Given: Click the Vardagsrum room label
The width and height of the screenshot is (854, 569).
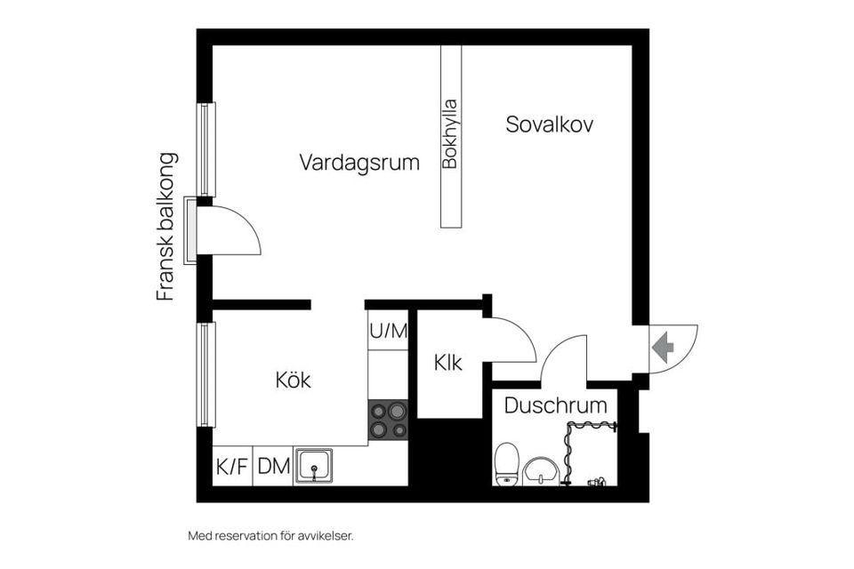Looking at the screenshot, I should tap(359, 163).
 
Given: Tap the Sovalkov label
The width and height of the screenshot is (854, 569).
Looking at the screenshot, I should tap(549, 124).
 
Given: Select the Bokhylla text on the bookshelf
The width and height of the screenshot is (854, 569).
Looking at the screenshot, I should tap(451, 133).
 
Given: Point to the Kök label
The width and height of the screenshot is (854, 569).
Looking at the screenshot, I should tap(293, 381).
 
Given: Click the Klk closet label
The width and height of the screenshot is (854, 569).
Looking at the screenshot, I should tap(447, 363).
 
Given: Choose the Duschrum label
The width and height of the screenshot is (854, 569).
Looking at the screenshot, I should tap(555, 406).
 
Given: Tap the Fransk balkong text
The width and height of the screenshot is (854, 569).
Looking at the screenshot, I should tap(166, 227).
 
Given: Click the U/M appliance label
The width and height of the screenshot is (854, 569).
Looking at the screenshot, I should tap(388, 332).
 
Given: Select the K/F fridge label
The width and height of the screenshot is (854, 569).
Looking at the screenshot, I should tap(231, 466).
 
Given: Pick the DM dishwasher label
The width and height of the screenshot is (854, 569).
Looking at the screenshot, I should tap(273, 466).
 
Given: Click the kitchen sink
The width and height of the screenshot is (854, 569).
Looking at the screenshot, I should tap(314, 465).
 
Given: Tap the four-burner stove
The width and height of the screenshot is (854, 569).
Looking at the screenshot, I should tap(388, 420).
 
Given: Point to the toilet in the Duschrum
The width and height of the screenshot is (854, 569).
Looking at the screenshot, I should tap(506, 463).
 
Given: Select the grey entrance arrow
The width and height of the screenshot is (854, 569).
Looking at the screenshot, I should tap(663, 346).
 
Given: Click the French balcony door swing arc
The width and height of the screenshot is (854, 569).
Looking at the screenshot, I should tap(233, 228).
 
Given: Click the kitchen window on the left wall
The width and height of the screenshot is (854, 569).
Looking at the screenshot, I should tap(206, 374).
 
